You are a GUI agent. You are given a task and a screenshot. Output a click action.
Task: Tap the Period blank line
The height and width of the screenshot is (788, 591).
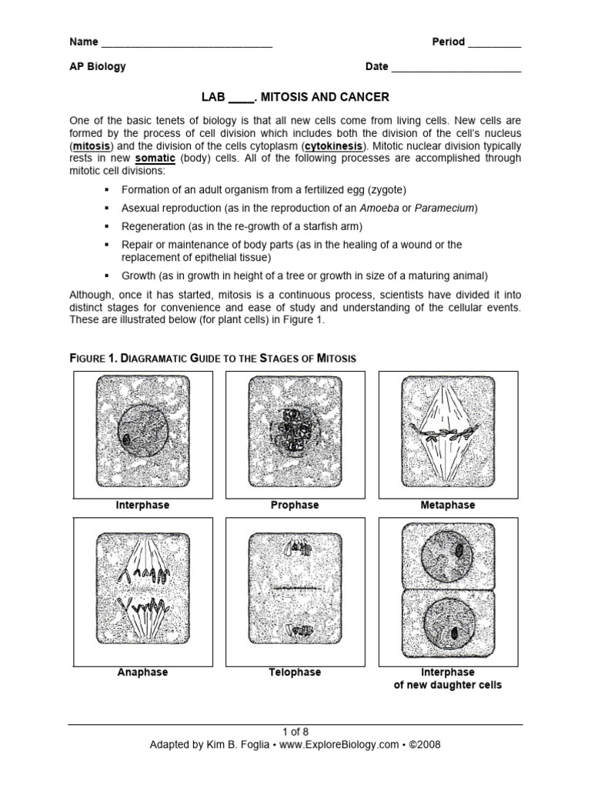[x=494, y=44]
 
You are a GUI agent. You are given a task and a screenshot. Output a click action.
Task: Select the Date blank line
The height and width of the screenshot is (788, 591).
[x=456, y=68]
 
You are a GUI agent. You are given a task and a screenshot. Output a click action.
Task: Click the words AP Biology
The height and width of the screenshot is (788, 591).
[x=98, y=66]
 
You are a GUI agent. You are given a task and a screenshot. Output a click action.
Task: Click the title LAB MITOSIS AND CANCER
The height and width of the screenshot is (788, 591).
[x=295, y=97]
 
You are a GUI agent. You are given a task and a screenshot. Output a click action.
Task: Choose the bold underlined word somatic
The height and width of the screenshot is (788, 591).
[x=156, y=158]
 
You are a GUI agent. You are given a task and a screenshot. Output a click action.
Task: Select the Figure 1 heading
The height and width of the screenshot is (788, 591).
[x=213, y=359]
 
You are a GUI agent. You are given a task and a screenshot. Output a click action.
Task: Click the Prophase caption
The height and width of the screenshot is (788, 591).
[x=295, y=506]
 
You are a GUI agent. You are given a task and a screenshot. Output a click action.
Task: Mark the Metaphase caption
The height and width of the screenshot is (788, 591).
[x=448, y=506]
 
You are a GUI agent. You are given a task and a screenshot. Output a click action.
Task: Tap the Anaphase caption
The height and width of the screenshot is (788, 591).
[x=142, y=673]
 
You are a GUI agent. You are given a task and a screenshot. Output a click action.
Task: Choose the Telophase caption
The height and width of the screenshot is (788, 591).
[x=295, y=673]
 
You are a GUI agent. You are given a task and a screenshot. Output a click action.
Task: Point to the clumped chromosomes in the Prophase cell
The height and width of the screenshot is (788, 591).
[x=294, y=436]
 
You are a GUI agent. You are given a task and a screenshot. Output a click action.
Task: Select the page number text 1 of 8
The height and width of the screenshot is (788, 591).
[x=295, y=732]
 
